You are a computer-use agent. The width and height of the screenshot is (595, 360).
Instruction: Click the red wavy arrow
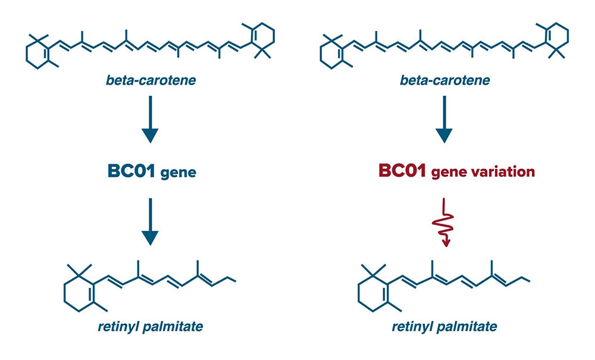[444, 223]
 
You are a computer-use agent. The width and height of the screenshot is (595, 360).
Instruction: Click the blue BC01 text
[131, 171]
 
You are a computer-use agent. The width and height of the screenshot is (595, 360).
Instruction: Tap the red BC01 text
[402, 171]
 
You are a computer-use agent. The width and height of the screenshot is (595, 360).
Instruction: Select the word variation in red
[502, 171]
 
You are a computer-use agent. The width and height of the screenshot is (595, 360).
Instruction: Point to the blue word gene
[178, 173]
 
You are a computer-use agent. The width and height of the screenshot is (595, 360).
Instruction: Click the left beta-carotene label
[151, 80]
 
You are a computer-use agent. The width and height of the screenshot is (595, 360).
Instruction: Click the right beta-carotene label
[444, 80]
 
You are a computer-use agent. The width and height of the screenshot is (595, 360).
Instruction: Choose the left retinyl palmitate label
[151, 327]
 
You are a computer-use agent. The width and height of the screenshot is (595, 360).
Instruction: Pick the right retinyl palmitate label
[444, 327]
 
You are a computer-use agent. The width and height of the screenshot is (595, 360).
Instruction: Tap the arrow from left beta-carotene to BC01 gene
[150, 119]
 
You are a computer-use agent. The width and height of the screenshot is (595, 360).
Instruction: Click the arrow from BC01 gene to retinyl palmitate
[150, 221]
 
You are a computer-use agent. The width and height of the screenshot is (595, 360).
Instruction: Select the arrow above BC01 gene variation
[444, 119]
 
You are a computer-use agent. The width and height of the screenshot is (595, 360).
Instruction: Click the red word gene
[449, 173]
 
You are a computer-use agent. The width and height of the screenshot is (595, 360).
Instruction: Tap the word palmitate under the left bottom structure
[172, 327]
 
